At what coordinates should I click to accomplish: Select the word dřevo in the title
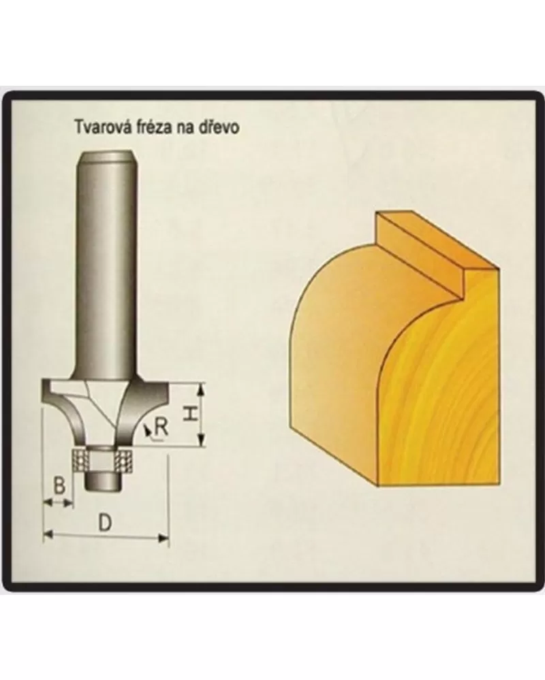tap(221, 127)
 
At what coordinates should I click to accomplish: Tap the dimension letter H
tap(189, 414)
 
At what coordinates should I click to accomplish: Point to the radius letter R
tap(161, 427)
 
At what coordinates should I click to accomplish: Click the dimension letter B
tap(59, 486)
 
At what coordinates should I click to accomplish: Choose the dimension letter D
tap(105, 523)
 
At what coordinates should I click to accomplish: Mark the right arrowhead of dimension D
tap(163, 538)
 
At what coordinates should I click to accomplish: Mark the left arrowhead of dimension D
tap(48, 534)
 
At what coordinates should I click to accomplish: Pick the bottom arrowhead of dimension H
tap(200, 440)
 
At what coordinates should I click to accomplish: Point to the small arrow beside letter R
tap(148, 430)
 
